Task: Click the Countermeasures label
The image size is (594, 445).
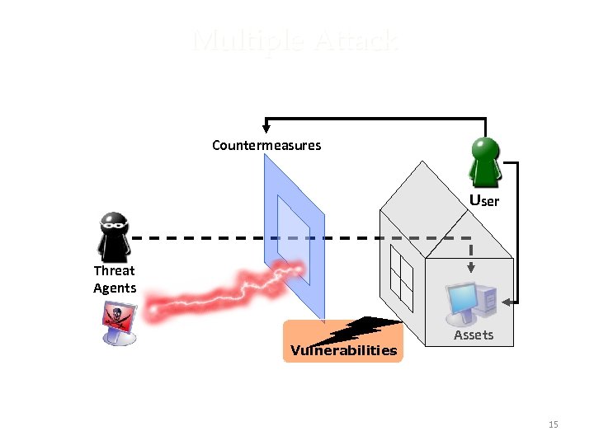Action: click(x=266, y=145)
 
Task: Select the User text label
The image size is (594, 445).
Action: click(x=484, y=200)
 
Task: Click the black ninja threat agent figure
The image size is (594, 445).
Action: click(x=112, y=237)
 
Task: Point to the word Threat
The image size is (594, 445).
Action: click(x=114, y=270)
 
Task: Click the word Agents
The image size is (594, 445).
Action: click(x=115, y=288)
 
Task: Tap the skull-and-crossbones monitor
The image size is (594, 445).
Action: click(x=118, y=322)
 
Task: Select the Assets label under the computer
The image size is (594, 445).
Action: click(x=474, y=335)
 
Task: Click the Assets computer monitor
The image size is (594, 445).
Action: click(x=465, y=302)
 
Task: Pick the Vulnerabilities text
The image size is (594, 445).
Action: click(x=343, y=350)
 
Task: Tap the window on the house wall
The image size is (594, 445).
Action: click(x=401, y=276)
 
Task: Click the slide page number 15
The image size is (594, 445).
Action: click(x=553, y=424)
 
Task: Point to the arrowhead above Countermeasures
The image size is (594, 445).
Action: click(x=266, y=127)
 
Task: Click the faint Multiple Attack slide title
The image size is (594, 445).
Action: click(x=295, y=41)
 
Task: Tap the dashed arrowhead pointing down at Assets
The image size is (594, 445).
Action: click(x=470, y=266)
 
